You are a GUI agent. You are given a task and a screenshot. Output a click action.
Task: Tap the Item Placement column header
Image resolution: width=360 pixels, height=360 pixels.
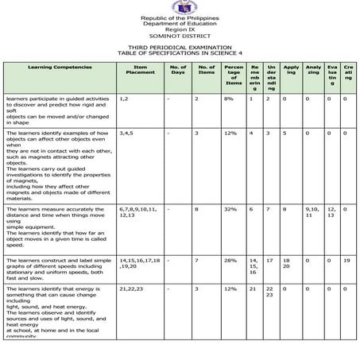click(140, 72)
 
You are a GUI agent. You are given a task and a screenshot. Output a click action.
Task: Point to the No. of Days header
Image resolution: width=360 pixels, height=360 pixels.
click(178, 72)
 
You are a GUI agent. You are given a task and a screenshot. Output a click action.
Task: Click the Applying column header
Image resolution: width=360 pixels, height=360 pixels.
click(291, 72)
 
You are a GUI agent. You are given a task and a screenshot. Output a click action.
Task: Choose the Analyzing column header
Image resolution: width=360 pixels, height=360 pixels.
click(313, 72)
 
